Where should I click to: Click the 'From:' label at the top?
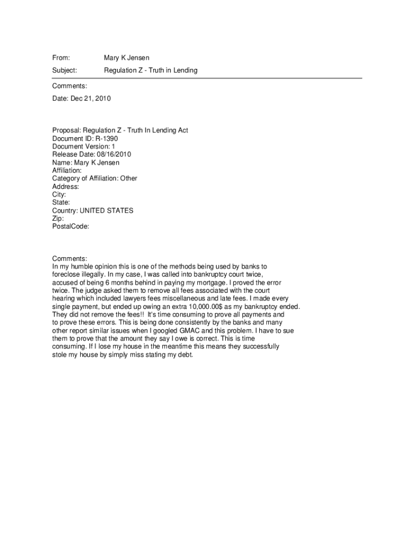(61, 57)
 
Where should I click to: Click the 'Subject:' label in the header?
(65, 70)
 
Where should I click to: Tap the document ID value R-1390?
(107, 138)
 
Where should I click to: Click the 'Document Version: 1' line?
(83, 146)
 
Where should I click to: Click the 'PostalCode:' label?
(70, 227)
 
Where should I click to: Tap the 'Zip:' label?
(58, 219)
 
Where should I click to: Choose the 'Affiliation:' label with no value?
(67, 171)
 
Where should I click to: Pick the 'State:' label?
(61, 203)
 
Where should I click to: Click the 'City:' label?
(59, 195)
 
